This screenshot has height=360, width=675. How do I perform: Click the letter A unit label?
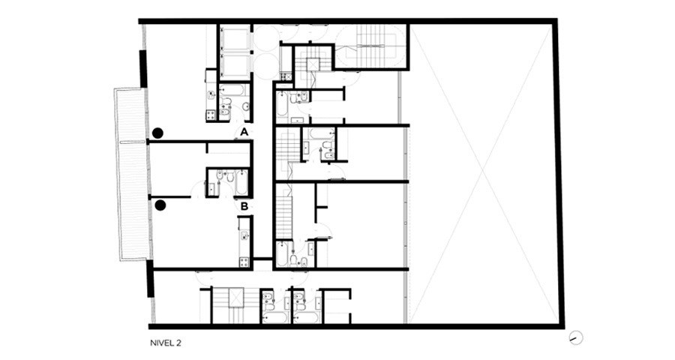244,132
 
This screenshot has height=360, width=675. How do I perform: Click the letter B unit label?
244,207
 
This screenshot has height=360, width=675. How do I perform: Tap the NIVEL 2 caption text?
166,343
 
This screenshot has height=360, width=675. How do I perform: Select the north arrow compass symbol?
575,337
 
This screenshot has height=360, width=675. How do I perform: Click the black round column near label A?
157,133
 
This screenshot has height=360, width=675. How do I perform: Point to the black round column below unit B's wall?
160,205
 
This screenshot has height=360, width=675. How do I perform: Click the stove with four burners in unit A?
211,115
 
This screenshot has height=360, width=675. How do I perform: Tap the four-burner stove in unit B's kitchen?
244,262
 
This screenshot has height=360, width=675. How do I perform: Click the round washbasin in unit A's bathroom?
245,106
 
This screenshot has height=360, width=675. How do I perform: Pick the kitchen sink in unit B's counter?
244,235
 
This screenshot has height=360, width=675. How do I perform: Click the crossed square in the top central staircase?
313,64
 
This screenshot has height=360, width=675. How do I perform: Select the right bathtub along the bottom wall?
307,318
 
